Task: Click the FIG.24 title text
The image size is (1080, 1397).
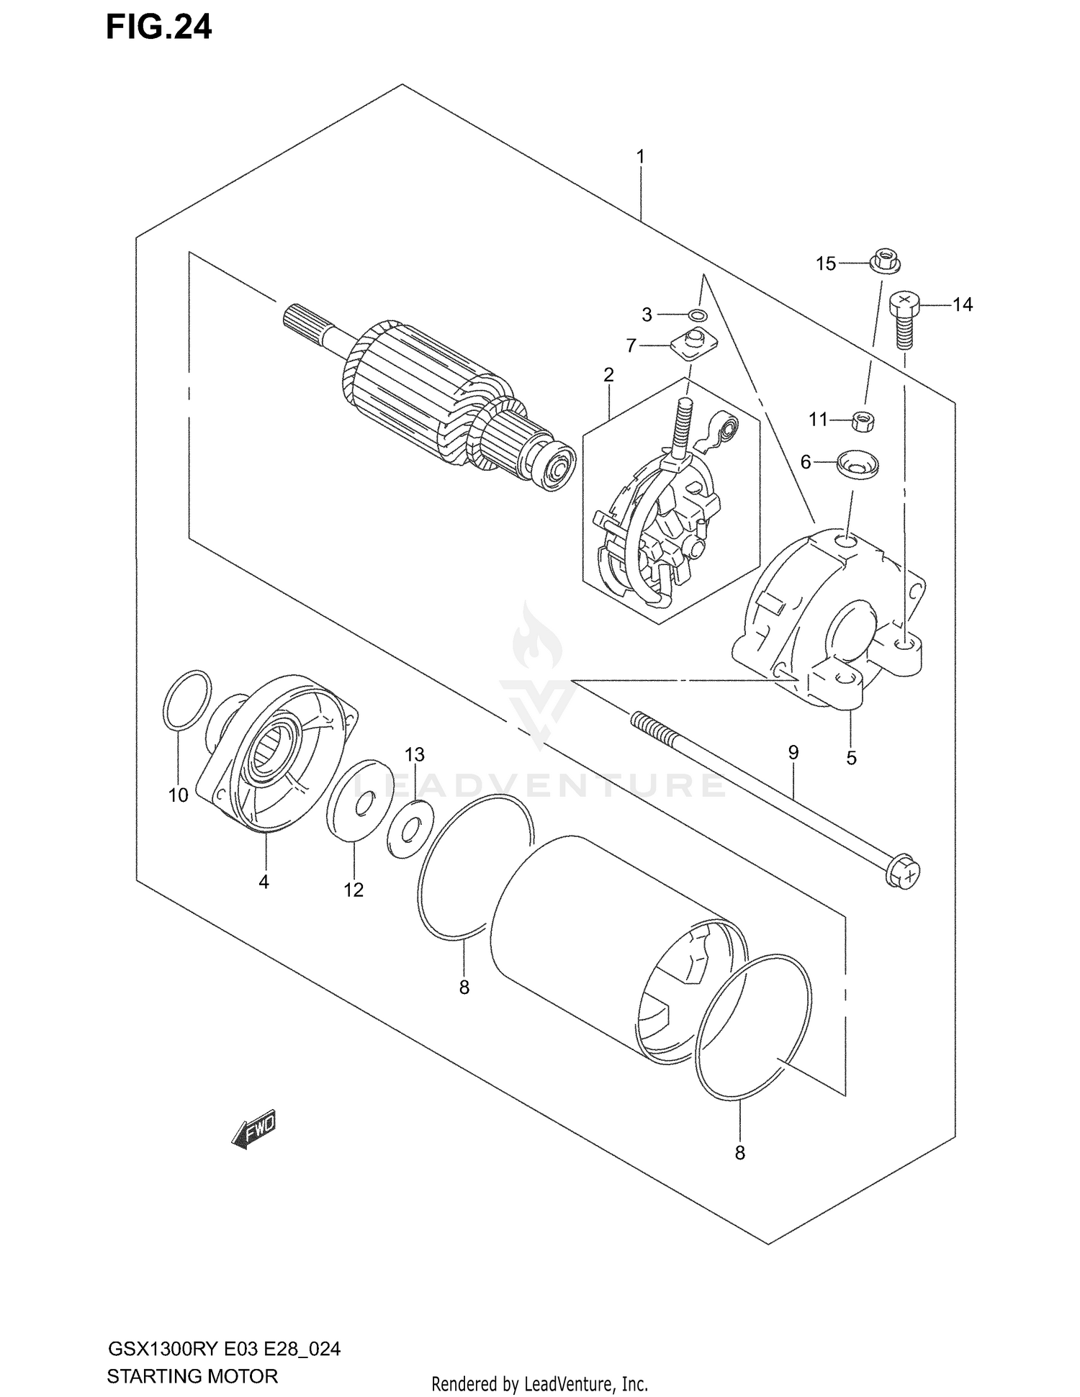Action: [159, 27]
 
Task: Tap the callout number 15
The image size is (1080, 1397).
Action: [825, 264]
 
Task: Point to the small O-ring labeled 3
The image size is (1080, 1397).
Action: [697, 315]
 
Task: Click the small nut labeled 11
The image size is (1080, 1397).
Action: [863, 421]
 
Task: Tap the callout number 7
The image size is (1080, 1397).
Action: [631, 346]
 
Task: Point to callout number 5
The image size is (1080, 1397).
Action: [851, 758]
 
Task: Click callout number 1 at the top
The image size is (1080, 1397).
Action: [640, 156]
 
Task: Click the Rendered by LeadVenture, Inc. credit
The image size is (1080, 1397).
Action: [540, 1383]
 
